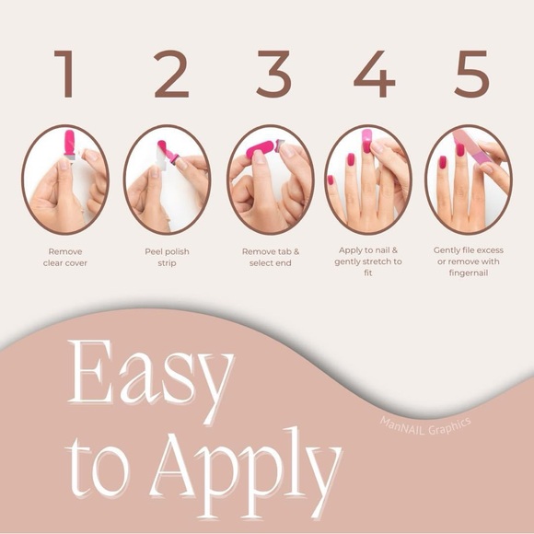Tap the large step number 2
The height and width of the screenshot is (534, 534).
click(x=171, y=74)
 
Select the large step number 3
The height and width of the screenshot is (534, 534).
click(x=273, y=74)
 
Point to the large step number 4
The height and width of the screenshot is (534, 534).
click(x=375, y=74)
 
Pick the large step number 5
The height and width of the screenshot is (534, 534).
click(x=472, y=74)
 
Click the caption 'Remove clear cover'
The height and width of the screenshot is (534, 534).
click(x=65, y=257)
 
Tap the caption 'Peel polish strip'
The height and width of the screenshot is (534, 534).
click(x=167, y=257)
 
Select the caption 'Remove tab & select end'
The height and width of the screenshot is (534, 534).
click(x=271, y=257)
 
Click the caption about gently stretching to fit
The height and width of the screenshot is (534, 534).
click(x=367, y=261)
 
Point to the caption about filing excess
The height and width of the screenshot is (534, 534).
click(x=469, y=261)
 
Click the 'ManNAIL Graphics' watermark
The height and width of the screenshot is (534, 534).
click(x=425, y=426)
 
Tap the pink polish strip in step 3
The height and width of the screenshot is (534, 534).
click(x=261, y=149)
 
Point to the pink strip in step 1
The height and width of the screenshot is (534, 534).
click(x=69, y=142)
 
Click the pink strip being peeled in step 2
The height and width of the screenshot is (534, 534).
click(x=168, y=152)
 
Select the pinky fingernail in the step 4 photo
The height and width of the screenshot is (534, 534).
click(x=330, y=180)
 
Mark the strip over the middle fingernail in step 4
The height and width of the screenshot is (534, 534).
click(x=366, y=141)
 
